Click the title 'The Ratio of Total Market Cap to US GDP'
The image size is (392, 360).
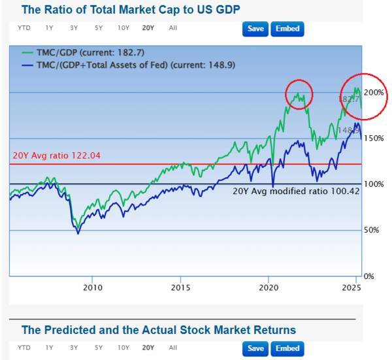click(x=131, y=9)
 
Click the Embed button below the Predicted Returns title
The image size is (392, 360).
click(x=287, y=348)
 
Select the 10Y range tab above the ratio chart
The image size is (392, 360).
click(x=123, y=28)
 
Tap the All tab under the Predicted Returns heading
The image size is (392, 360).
click(x=172, y=348)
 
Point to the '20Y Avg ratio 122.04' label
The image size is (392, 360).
click(x=54, y=156)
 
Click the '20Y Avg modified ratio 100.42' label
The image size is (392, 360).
click(x=296, y=191)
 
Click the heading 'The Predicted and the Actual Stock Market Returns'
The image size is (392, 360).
click(x=159, y=330)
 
